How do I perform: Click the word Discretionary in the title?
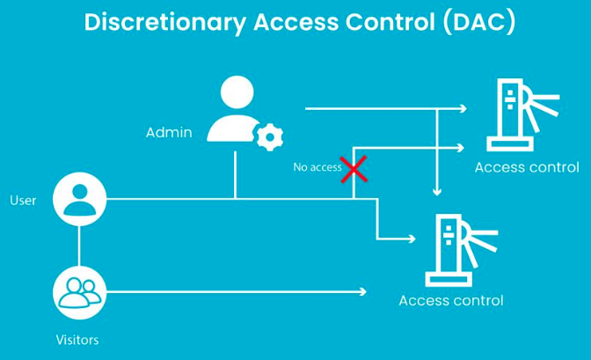(168, 24)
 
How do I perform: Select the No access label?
(317, 167)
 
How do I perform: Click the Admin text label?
(168, 133)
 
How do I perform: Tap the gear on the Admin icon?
(269, 136)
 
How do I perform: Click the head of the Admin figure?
(236, 92)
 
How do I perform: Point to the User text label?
(23, 201)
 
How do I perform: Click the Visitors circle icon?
(79, 292)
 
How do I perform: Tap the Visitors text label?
(78, 339)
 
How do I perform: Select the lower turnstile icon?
(456, 250)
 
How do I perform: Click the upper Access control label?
(527, 167)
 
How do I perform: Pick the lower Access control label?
(451, 300)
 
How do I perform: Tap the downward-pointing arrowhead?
(437, 189)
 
